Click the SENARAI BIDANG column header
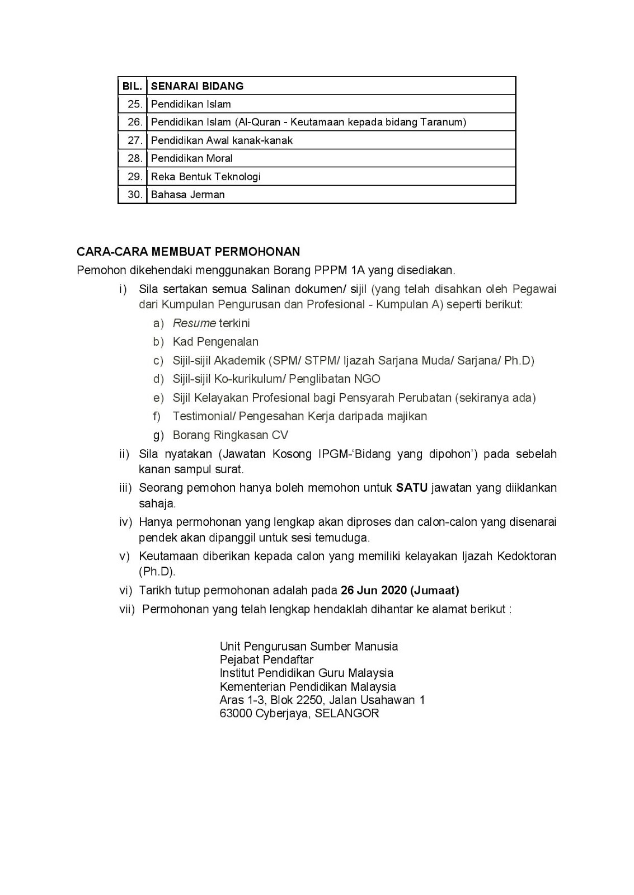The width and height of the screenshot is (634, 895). click(197, 86)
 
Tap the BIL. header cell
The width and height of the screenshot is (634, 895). click(132, 86)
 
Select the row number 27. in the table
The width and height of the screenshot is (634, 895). click(135, 140)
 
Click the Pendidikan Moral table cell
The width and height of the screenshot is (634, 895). click(192, 158)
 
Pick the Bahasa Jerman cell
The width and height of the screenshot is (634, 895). click(188, 195)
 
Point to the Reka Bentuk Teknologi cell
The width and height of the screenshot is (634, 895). click(206, 177)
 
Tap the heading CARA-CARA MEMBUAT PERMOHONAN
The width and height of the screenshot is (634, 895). click(189, 252)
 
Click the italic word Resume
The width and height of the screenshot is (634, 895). click(194, 323)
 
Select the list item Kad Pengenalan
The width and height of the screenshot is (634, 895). click(215, 342)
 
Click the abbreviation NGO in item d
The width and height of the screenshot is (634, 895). click(367, 379)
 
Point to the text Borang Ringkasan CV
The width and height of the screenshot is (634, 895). click(231, 435)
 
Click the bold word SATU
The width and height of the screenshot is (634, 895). click(412, 488)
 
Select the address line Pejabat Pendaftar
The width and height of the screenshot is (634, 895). click(266, 660)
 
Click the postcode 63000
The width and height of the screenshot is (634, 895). click(236, 714)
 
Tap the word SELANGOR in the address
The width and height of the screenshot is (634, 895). click(347, 714)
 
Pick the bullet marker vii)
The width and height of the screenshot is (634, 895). click(127, 609)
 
